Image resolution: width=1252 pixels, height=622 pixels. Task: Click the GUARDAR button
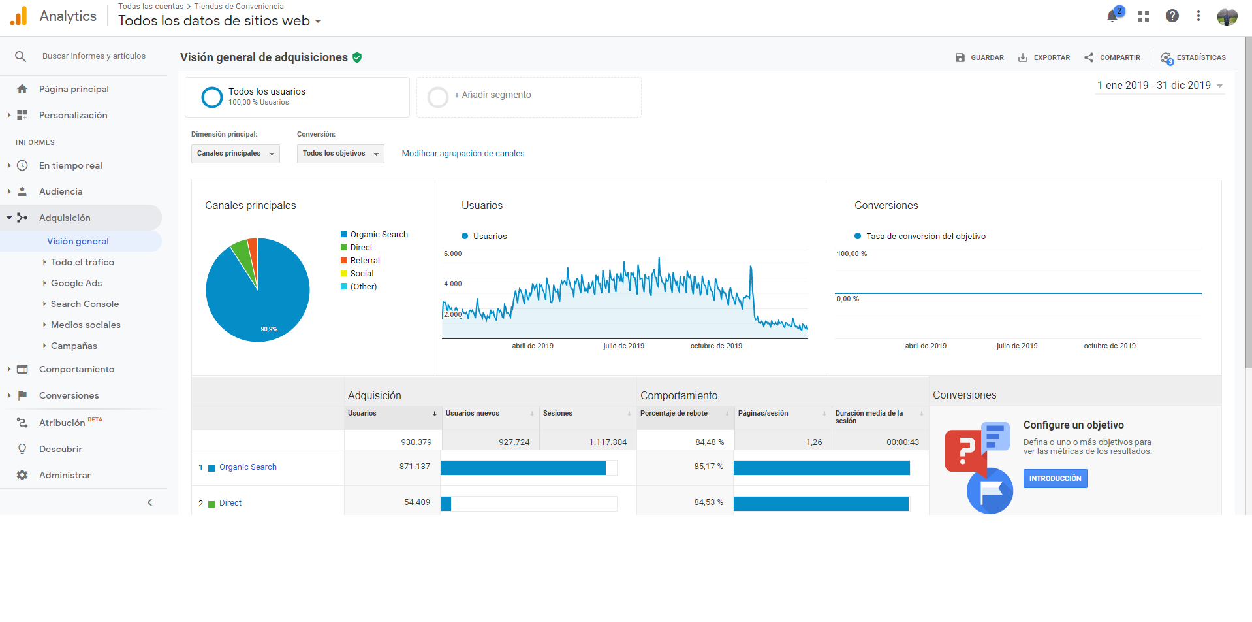tap(979, 57)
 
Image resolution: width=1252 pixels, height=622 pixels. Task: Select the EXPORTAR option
tap(1044, 57)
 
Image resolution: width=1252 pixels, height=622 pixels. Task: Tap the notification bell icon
tap(1112, 16)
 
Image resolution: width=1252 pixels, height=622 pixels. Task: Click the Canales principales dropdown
tap(236, 154)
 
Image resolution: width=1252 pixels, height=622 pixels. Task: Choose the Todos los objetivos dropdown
tap(341, 154)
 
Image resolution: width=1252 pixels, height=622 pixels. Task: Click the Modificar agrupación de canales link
tap(463, 154)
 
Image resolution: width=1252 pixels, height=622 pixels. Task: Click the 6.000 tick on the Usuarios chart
tap(452, 254)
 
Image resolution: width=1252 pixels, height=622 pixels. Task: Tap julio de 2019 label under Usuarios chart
tap(623, 346)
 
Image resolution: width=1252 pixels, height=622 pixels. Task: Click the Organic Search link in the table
tap(248, 467)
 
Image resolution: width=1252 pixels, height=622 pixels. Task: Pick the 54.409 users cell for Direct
tap(417, 502)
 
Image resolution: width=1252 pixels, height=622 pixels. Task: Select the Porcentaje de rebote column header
tap(674, 413)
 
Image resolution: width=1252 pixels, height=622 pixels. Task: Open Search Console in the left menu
tap(85, 304)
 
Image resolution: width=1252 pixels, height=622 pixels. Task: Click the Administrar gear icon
tap(22, 475)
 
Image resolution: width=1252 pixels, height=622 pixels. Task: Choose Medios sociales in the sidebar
tap(86, 325)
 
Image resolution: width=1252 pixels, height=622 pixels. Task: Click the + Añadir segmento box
tap(529, 97)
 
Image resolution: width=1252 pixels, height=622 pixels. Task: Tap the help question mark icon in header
tap(1172, 16)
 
